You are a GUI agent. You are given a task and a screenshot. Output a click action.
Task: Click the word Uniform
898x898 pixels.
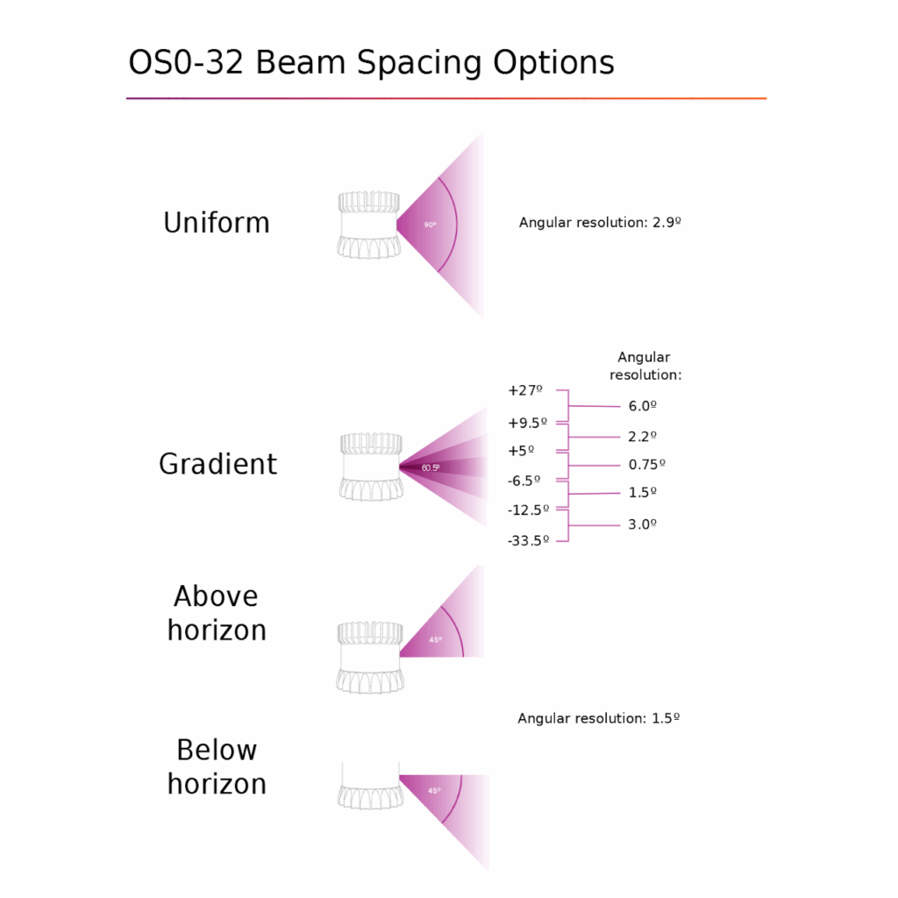pos(217,222)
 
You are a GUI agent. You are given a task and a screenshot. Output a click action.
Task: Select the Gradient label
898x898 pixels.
pos(217,464)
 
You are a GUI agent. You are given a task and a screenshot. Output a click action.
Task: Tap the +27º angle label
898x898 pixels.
pos(524,390)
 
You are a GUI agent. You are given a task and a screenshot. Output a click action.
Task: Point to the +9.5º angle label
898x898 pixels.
pos(527,424)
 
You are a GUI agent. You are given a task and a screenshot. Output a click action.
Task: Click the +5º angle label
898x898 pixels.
pos(521,452)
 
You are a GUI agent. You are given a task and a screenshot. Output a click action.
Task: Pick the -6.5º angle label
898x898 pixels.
pos(524,481)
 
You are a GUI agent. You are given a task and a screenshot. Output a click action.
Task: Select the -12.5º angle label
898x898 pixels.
pos(528,510)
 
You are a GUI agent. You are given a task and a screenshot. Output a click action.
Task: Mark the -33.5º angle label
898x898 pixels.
pos(528,540)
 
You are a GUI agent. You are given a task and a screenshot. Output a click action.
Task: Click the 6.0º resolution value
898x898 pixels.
pos(643,406)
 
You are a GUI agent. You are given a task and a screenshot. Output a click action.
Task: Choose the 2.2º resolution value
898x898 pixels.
pos(643,437)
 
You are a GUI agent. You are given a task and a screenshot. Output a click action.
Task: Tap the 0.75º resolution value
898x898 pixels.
pos(647,465)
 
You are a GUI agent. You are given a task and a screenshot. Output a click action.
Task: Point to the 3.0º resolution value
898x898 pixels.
pos(643,524)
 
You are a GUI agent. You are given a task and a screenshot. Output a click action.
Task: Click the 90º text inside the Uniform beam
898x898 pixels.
pos(430,225)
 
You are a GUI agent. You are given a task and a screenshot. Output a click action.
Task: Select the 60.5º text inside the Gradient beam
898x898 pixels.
pos(431,468)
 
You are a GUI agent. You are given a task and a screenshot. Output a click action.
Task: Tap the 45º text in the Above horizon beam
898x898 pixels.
pos(435,639)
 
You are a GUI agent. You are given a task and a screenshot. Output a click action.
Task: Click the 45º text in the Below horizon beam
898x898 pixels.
pos(434,791)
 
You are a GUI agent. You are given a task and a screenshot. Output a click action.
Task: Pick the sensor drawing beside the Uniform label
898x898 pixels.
pos(368,224)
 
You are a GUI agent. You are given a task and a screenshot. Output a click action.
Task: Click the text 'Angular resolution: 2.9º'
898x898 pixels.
pos(600,222)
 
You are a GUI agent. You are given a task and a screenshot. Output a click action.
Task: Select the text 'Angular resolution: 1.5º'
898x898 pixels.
pos(598,718)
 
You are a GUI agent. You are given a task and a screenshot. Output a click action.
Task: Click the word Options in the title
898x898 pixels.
pos(554,62)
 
